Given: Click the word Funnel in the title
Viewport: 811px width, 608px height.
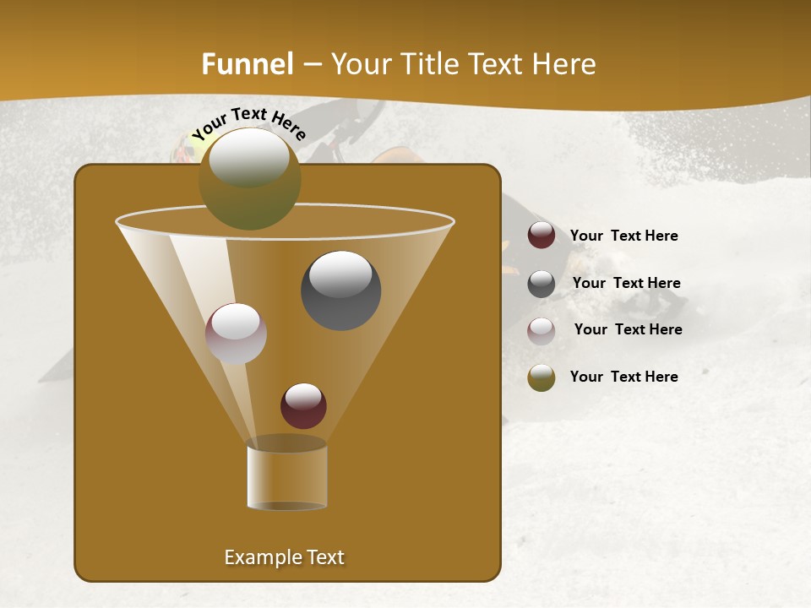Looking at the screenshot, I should click(247, 64).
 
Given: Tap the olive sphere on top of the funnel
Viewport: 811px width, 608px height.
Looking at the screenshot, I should click(249, 179).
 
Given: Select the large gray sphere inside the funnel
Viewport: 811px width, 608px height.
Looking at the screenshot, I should click(340, 290).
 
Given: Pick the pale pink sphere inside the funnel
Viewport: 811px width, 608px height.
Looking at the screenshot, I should click(236, 334).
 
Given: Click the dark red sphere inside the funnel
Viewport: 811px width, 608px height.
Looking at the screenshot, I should click(303, 405).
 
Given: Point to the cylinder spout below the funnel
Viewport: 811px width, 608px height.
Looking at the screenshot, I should click(286, 477).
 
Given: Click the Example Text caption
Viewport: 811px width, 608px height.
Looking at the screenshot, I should click(284, 557).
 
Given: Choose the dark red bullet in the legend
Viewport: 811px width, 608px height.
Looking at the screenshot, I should click(541, 236).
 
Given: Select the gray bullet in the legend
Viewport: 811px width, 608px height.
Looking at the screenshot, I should click(541, 284).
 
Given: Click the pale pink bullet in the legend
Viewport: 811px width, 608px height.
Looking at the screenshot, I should click(541, 331).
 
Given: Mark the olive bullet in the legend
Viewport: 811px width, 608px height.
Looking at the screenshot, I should click(541, 377).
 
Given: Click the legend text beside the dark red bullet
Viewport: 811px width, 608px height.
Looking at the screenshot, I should click(623, 236).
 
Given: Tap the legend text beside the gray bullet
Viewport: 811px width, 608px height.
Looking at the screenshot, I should click(626, 284).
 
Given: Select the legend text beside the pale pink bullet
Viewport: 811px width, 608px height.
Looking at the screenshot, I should click(628, 330).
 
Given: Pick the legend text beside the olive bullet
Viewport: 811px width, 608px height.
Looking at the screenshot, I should click(623, 377).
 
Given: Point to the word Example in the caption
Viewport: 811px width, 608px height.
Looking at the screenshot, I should click(257, 557).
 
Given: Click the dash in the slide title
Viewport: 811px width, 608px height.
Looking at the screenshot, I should click(312, 65).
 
